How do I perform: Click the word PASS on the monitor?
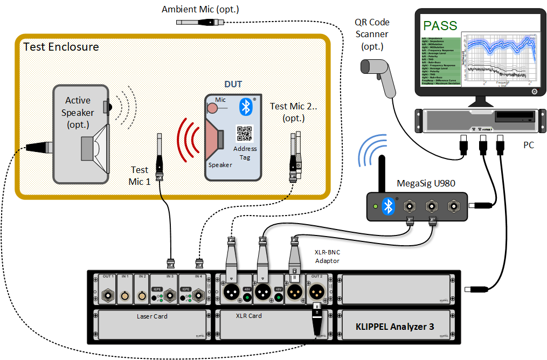(440, 25)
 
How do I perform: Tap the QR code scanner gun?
(380, 74)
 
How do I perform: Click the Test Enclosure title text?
(61, 47)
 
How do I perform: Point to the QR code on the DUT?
(245, 134)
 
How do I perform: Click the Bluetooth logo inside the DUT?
(246, 107)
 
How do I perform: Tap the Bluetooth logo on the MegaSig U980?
(388, 205)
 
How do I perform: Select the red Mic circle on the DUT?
(212, 107)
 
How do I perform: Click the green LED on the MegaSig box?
(375, 206)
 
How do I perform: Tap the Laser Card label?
(153, 316)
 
